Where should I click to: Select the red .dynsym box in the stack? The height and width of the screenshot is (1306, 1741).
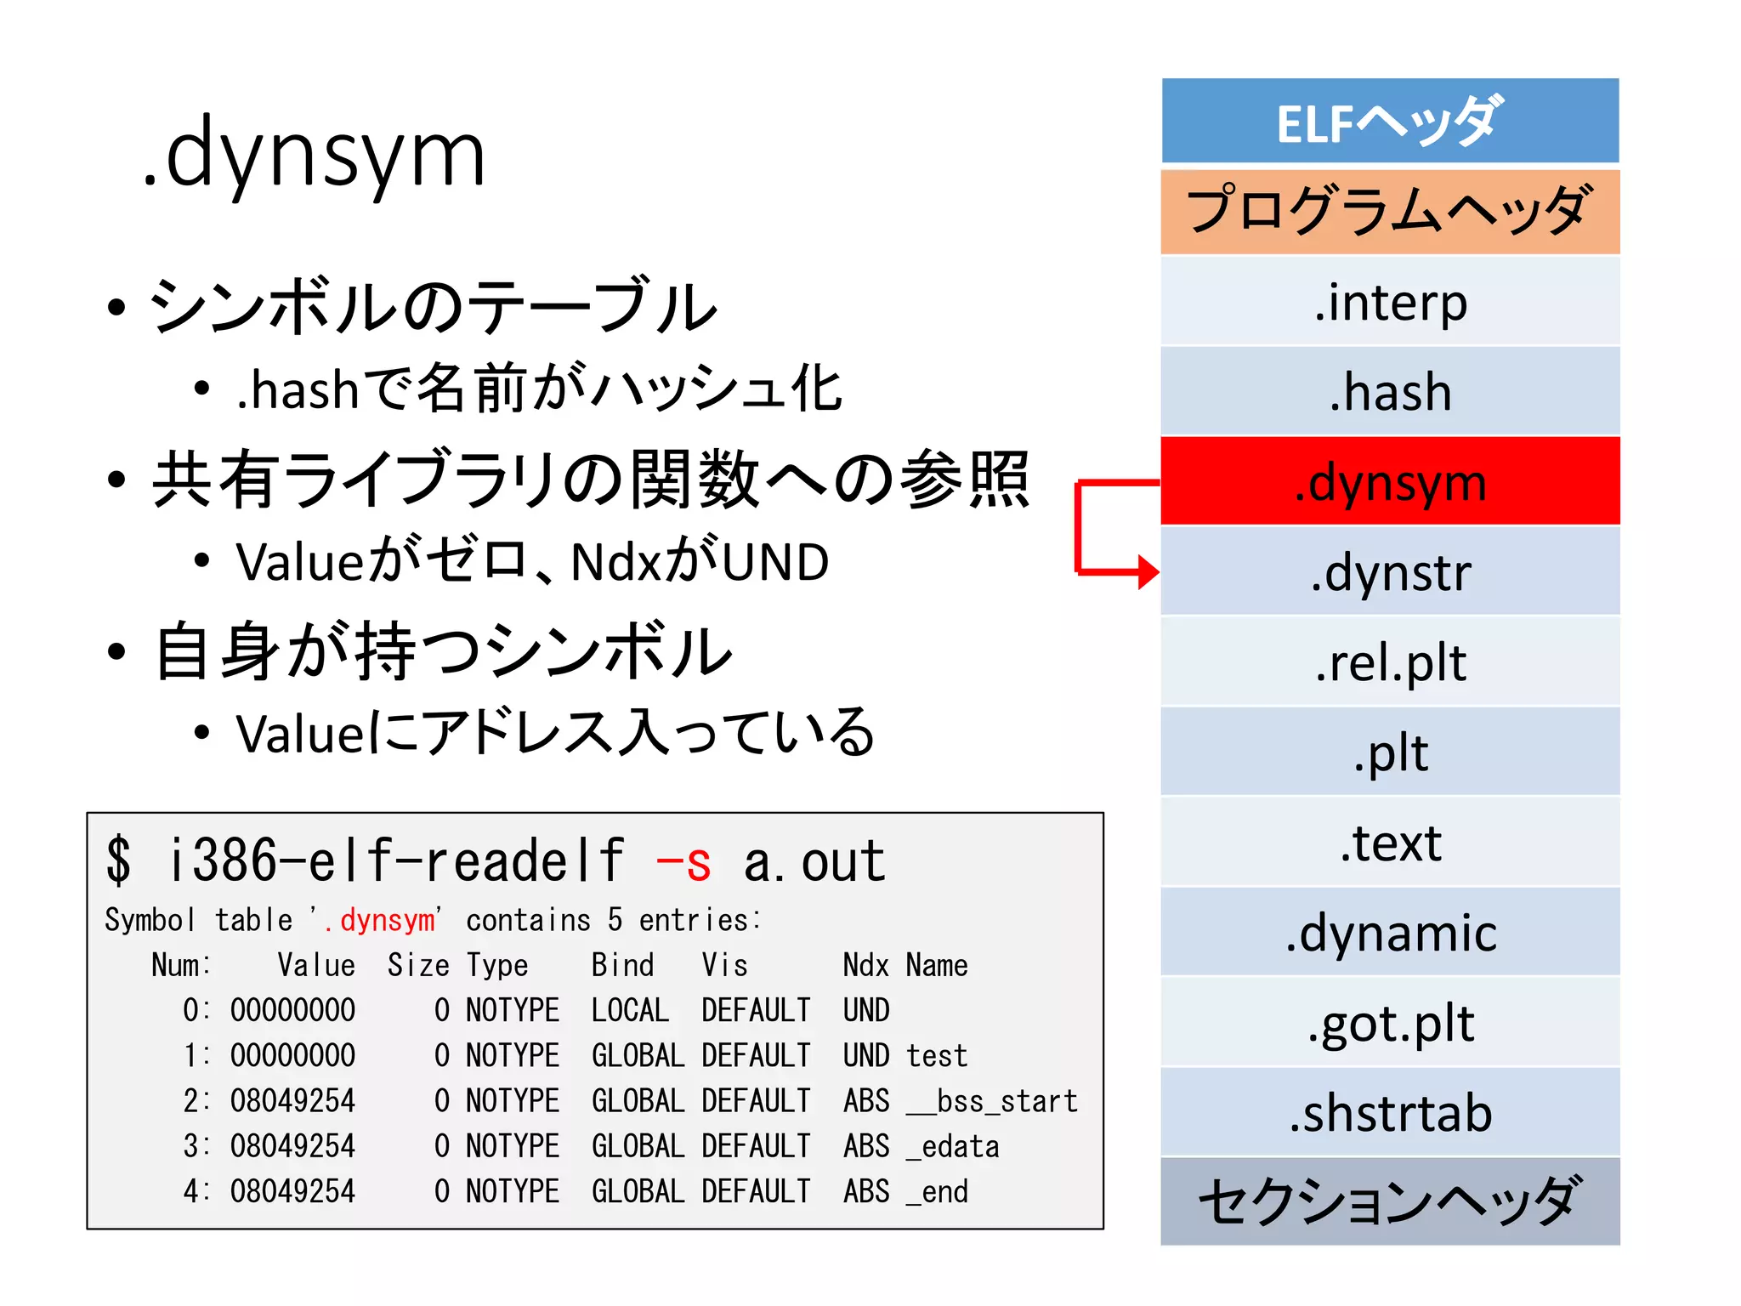pos(1390,481)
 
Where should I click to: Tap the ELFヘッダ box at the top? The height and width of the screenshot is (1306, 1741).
pos(1390,122)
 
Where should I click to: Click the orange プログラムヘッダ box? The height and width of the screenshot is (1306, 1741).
pos(1390,212)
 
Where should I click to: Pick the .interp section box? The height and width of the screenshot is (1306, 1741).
pos(1390,302)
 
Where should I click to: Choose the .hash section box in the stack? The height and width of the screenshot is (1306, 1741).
pos(1390,392)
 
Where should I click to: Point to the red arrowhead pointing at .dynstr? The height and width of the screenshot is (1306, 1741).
pos(1148,571)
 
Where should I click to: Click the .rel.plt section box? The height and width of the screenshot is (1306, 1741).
pos(1390,662)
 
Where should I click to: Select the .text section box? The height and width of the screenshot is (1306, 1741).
pos(1390,843)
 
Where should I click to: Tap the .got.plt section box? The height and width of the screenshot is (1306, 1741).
pos(1390,1023)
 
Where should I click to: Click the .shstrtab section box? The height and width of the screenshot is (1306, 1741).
pos(1390,1113)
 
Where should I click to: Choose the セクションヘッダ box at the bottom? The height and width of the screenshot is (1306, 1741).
pos(1390,1201)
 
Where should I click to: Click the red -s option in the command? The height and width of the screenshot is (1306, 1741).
pos(683,862)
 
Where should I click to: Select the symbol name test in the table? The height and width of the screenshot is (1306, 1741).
pos(936,1056)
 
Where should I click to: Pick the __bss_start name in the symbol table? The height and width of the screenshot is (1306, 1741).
pos(991,1101)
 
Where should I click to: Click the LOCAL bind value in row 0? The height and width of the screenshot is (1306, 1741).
pos(630,1011)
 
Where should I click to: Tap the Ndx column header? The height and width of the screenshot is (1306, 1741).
pos(865,966)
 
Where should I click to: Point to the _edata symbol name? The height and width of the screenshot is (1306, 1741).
pos(952,1146)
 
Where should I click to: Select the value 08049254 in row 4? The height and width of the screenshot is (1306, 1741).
pos(292,1191)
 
